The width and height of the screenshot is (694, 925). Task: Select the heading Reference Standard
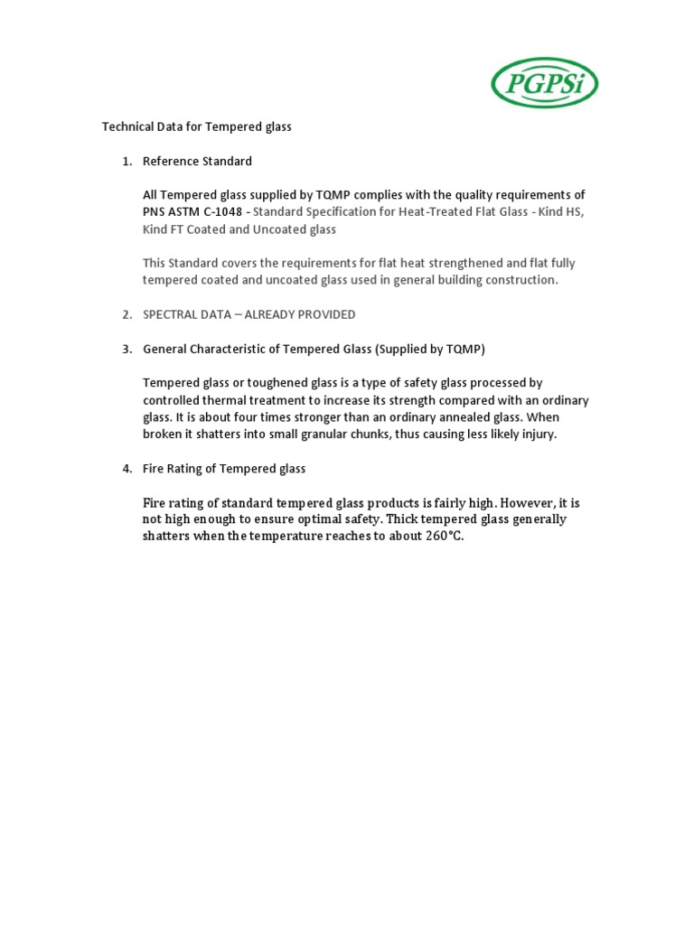197,161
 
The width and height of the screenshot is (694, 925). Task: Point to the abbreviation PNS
155,212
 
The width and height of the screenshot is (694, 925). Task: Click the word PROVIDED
321,314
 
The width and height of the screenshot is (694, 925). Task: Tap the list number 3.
127,349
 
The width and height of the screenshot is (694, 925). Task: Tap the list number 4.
127,469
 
